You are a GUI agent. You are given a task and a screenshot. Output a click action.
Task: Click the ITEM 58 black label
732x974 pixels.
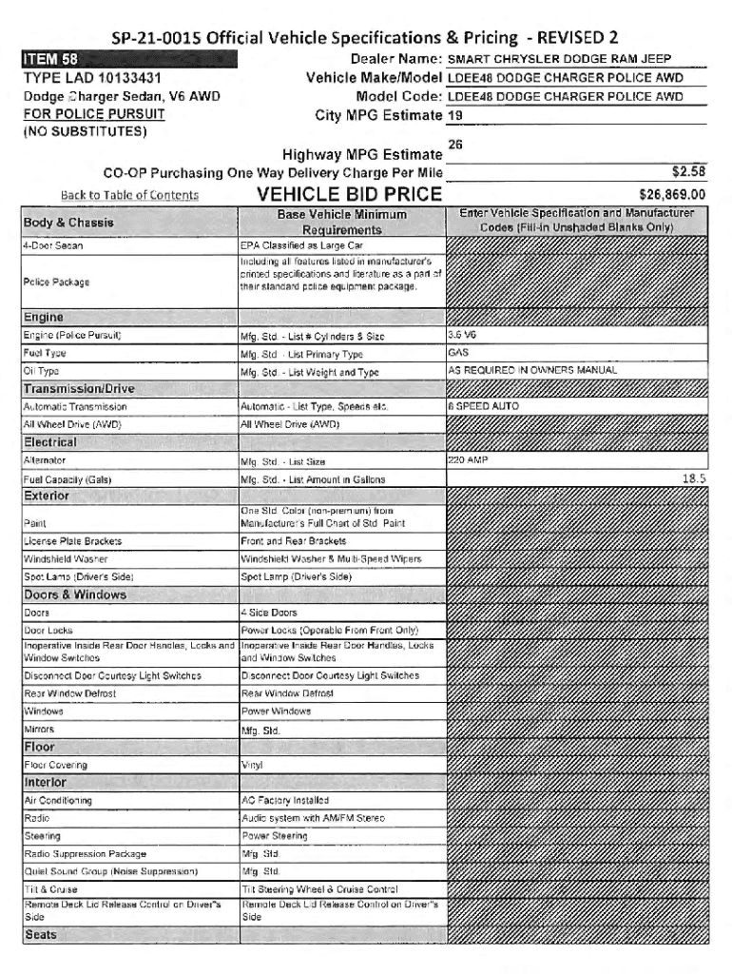[x=50, y=62]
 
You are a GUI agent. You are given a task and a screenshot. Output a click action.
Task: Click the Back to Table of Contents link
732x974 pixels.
[x=129, y=196]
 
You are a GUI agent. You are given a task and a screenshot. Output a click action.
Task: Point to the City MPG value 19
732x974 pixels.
[x=455, y=116]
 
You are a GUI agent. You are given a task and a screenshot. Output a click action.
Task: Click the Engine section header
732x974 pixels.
[x=46, y=317]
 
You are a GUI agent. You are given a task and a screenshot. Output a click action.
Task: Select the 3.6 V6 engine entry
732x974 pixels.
[x=465, y=335]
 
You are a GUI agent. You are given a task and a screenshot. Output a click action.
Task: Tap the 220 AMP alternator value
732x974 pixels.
[x=468, y=460]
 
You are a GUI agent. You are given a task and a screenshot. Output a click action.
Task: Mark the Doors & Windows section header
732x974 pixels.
[x=74, y=594]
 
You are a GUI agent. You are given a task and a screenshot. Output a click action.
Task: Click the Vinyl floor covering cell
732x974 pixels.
[x=252, y=764]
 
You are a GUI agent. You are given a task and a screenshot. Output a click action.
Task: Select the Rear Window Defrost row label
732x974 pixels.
[x=68, y=692]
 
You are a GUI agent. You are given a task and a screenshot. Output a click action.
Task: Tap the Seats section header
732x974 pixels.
[x=41, y=935]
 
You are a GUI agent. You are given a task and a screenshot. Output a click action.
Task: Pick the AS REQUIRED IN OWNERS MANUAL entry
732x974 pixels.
[x=532, y=370]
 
